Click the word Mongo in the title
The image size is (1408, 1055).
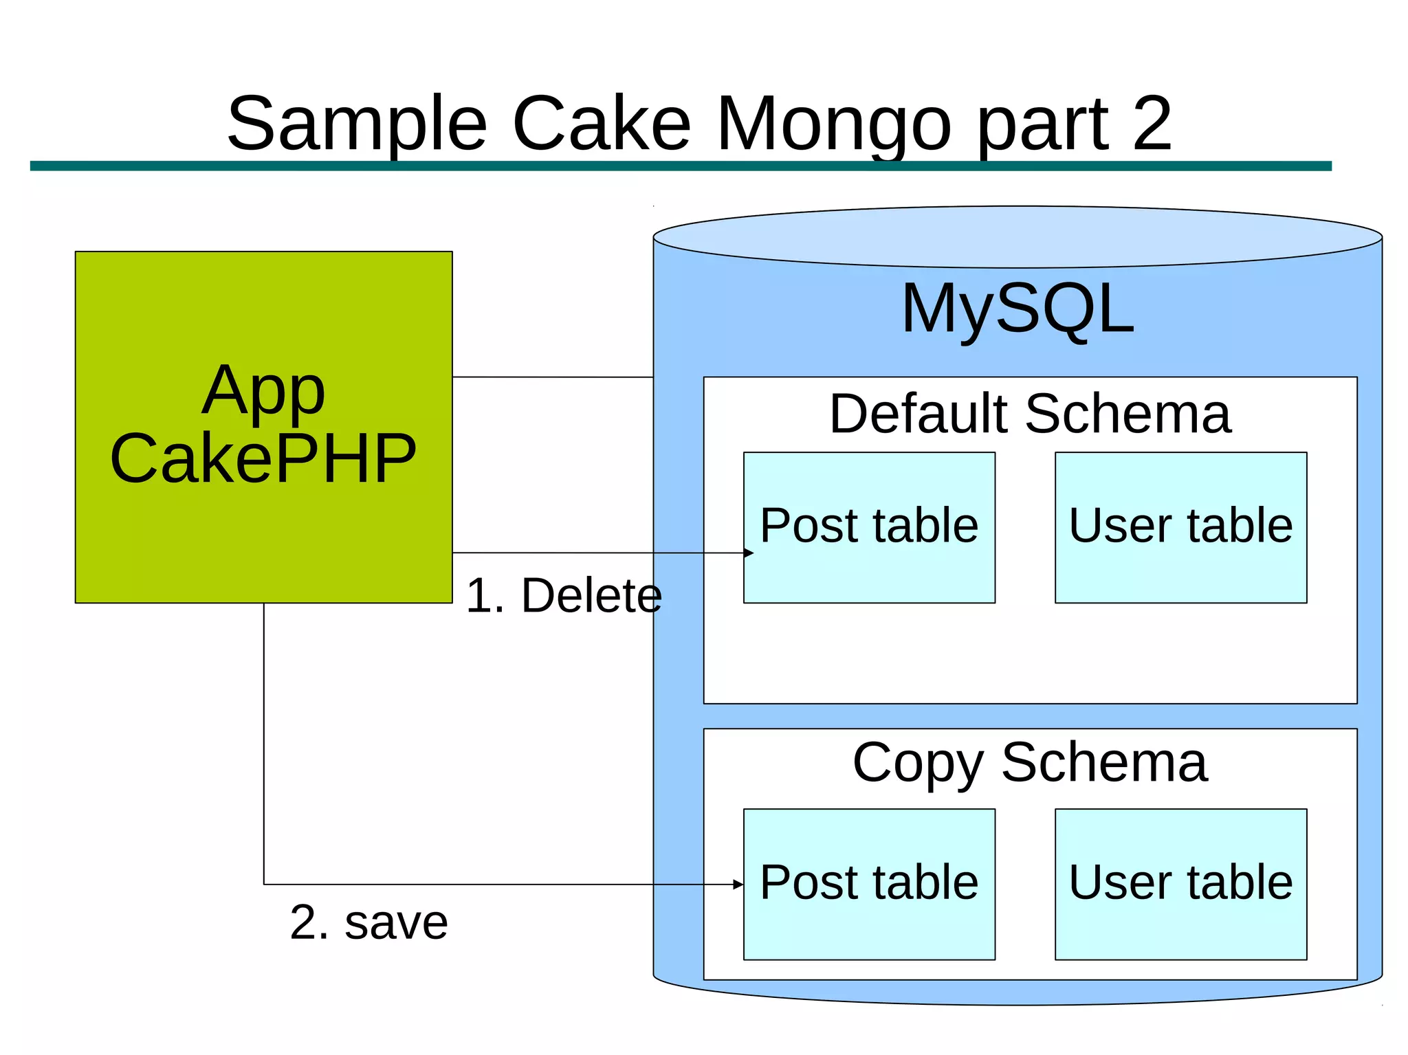coord(834,125)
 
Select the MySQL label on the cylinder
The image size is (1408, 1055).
coord(1017,309)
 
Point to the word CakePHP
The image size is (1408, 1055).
coord(263,458)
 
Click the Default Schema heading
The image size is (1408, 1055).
coord(1029,414)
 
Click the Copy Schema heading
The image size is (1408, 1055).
coord(1029,762)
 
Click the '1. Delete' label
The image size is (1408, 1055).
coord(564,595)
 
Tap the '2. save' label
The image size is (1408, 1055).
coord(368,922)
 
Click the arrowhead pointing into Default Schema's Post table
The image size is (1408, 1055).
coord(749,553)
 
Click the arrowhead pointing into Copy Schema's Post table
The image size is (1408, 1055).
coord(738,885)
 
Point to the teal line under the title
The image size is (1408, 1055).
coord(681,166)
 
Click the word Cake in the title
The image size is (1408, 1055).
coord(602,125)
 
